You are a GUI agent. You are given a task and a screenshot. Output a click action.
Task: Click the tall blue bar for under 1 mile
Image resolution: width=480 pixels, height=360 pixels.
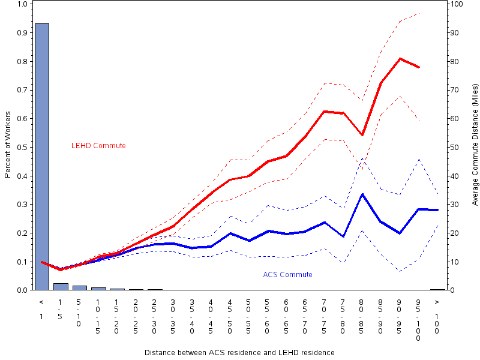pyautogui.click(x=42, y=156)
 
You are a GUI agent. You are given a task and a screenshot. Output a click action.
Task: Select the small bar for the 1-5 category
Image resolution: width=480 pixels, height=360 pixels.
pyautogui.click(x=61, y=287)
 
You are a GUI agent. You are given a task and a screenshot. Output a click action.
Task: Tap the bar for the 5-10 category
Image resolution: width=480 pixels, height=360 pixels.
pyautogui.click(x=80, y=288)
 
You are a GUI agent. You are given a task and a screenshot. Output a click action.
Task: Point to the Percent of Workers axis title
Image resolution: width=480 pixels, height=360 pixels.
pyautogui.click(x=8, y=146)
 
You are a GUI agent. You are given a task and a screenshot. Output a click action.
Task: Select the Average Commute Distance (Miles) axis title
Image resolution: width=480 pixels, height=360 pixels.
pyautogui.click(x=475, y=146)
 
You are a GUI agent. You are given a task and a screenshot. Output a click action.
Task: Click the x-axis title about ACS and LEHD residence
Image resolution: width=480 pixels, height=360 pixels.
pyautogui.click(x=239, y=352)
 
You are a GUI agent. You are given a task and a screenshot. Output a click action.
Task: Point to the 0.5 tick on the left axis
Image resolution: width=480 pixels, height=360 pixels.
pyautogui.click(x=23, y=147)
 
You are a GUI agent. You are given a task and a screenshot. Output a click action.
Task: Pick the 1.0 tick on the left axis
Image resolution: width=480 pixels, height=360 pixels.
pyautogui.click(x=23, y=4)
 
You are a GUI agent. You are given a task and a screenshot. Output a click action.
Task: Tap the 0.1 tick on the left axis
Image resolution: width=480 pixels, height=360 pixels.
pyautogui.click(x=23, y=262)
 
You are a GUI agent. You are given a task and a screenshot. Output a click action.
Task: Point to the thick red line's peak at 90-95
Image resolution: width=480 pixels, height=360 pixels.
pyautogui.click(x=400, y=58)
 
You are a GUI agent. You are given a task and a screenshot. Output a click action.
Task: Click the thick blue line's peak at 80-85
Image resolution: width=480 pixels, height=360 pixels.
pyautogui.click(x=362, y=194)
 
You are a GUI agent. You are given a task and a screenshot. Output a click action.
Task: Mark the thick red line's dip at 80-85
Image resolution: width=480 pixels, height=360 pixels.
pyautogui.click(x=362, y=135)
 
